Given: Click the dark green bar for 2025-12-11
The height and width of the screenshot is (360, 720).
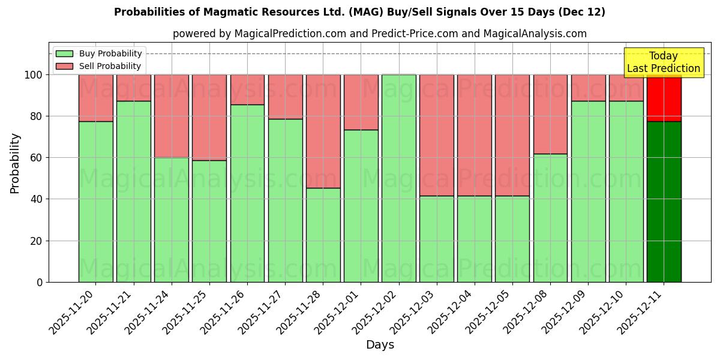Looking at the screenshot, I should coord(664,202).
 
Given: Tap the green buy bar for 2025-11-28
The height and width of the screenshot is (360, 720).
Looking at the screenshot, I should coord(323,235).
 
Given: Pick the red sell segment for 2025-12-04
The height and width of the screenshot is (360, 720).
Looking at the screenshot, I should coord(474,135).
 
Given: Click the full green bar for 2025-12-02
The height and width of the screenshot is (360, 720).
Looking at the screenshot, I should coord(398,178).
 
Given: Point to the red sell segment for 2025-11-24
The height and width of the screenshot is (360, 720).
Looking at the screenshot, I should coord(172,116).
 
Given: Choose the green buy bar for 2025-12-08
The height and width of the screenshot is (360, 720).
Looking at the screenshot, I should coord(550,218).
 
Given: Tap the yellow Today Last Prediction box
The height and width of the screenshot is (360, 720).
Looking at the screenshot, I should coord(663,62).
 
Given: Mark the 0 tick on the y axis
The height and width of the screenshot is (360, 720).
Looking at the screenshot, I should coord(40,282).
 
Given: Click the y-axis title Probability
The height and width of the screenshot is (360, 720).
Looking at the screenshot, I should coord(15,163).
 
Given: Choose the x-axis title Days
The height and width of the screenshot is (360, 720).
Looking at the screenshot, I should coord(380,345).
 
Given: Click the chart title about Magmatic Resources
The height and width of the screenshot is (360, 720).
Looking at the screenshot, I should coord(359,12).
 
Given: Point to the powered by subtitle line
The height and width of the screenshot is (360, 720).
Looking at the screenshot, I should coord(379,34).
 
